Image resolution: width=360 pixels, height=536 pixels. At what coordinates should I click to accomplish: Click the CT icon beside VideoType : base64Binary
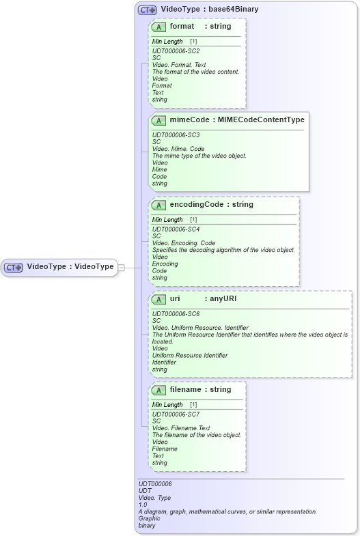click(147, 10)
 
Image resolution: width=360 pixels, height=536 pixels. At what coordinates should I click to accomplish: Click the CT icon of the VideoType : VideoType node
click(14, 267)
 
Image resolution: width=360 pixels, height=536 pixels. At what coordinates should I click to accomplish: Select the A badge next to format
click(159, 27)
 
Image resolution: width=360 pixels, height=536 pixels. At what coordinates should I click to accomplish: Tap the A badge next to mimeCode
click(159, 120)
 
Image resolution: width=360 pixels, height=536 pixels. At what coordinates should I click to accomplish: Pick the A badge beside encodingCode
click(159, 205)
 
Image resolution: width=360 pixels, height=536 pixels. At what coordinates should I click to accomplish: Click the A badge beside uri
click(159, 299)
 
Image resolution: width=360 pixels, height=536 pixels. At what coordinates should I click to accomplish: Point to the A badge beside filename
click(159, 390)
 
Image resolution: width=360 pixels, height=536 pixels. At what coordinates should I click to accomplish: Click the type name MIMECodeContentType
click(261, 120)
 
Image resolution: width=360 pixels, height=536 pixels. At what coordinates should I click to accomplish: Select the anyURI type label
click(223, 299)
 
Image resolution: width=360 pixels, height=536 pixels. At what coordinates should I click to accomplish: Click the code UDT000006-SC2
click(176, 51)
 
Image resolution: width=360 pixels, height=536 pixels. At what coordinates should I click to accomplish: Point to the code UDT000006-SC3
click(176, 135)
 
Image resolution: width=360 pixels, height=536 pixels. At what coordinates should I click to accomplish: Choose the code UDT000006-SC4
click(176, 229)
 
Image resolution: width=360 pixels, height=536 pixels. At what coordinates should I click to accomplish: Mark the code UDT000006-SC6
click(176, 313)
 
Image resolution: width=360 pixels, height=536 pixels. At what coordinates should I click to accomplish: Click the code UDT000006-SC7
click(176, 414)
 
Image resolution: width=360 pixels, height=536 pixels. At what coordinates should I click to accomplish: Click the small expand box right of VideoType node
click(121, 267)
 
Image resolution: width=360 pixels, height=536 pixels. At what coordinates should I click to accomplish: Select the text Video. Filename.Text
click(181, 428)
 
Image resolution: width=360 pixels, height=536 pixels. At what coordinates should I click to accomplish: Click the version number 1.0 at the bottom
click(142, 505)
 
